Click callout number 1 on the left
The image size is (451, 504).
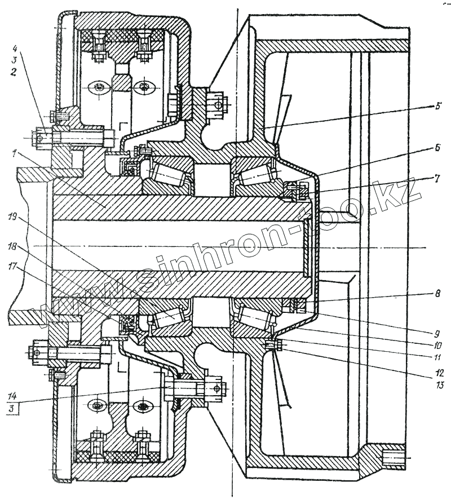tap(12, 152)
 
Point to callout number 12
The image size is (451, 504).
tap(437, 373)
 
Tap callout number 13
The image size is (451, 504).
tap(437, 386)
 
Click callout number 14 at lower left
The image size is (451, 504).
tap(12, 396)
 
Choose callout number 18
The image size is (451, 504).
tap(12, 246)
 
